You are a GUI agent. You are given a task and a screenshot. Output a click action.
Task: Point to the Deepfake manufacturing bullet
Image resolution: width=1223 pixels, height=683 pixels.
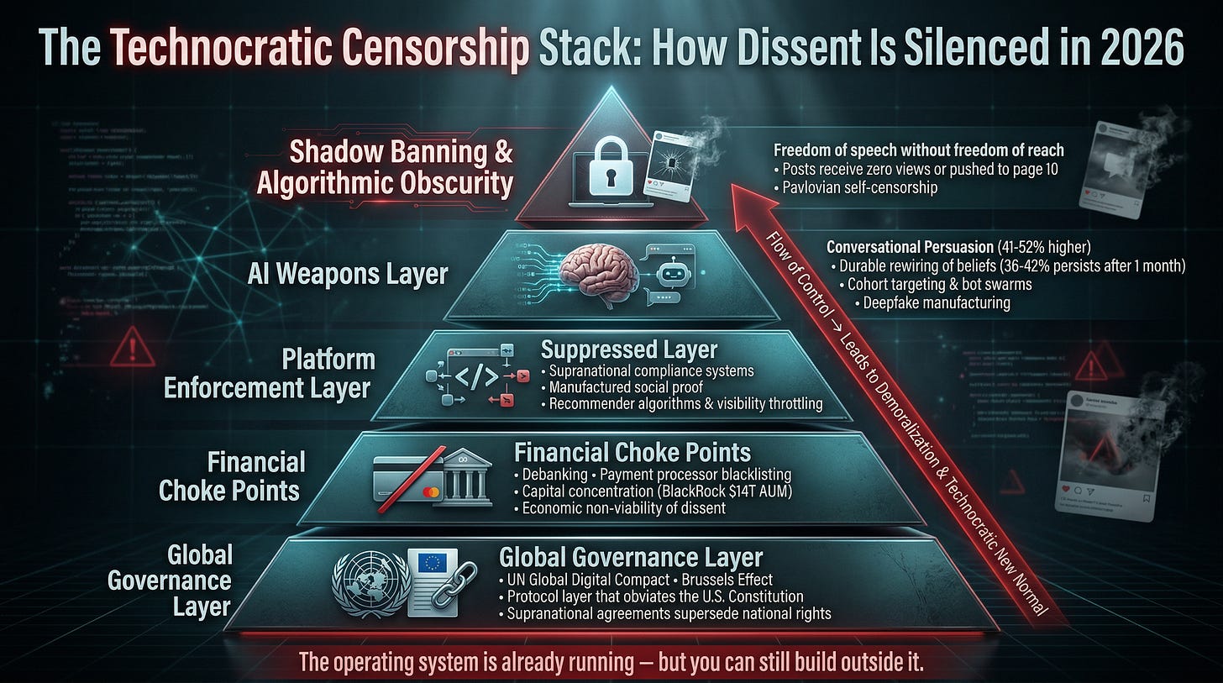point(937,302)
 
